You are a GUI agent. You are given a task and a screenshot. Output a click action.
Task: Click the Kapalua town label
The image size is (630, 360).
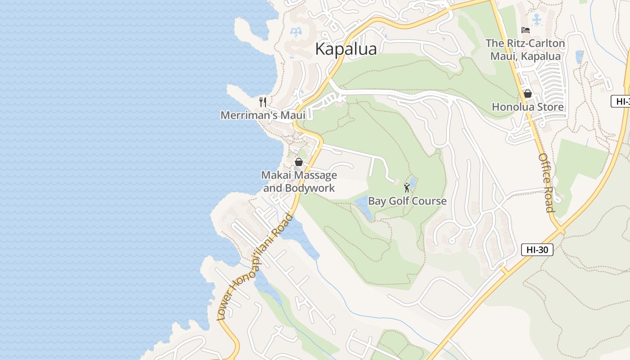[x=346, y=49]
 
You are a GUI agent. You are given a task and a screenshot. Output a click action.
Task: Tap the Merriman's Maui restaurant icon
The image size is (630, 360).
[x=263, y=102]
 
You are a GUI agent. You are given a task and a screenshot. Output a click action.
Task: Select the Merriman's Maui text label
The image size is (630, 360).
[x=263, y=115]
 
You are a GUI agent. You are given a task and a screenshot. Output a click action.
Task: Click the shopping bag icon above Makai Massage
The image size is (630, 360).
[x=298, y=162]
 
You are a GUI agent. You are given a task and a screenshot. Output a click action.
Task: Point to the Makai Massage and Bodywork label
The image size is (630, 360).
[x=299, y=181]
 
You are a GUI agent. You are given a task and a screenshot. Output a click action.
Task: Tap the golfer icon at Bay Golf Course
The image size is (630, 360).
[x=407, y=187]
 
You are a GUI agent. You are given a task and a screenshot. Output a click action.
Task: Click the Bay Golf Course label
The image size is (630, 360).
[x=407, y=201]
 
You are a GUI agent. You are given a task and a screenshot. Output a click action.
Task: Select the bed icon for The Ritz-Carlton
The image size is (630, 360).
[x=525, y=30]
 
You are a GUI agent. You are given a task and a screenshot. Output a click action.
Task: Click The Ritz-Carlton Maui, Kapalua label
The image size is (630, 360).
[x=525, y=49]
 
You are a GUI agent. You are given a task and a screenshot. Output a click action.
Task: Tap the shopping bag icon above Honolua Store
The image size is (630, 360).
[x=527, y=94]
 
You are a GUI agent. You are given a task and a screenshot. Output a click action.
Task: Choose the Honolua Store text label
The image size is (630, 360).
[x=527, y=107]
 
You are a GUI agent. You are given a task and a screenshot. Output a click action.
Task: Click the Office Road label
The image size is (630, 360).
[x=546, y=182]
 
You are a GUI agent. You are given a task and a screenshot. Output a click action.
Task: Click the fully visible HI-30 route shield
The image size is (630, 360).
[x=537, y=249]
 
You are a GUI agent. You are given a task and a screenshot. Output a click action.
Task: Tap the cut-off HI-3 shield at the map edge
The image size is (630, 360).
[x=621, y=101]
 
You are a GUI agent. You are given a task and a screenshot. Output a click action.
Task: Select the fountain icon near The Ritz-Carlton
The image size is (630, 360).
[x=536, y=19]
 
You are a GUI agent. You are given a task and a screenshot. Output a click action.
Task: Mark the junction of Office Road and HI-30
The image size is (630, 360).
[x=561, y=230]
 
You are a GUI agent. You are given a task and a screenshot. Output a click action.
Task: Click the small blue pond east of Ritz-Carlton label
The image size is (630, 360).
[x=579, y=57]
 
